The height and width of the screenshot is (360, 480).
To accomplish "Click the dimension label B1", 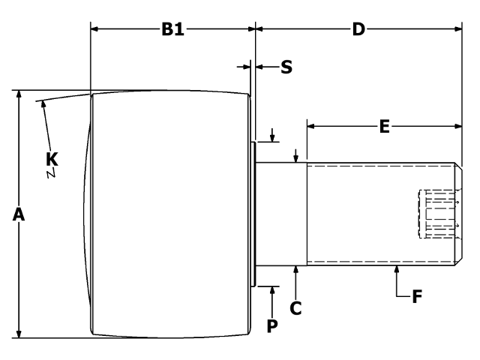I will coord(172,30).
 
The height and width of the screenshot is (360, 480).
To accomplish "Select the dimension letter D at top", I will coord(358,30).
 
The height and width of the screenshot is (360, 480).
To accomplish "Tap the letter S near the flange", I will coord(286,67).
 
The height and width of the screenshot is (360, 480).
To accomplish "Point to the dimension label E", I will coord(384,127).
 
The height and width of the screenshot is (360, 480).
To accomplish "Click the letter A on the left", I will coord(19,215).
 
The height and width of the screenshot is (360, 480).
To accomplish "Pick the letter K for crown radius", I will coord(52,159).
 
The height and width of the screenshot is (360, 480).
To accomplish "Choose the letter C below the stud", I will coord(296,307).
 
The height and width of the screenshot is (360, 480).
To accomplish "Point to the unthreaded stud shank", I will coord(282,214).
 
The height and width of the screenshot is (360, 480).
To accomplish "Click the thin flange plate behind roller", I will coord(253,214).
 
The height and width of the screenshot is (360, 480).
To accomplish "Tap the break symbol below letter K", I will coord(52,174).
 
